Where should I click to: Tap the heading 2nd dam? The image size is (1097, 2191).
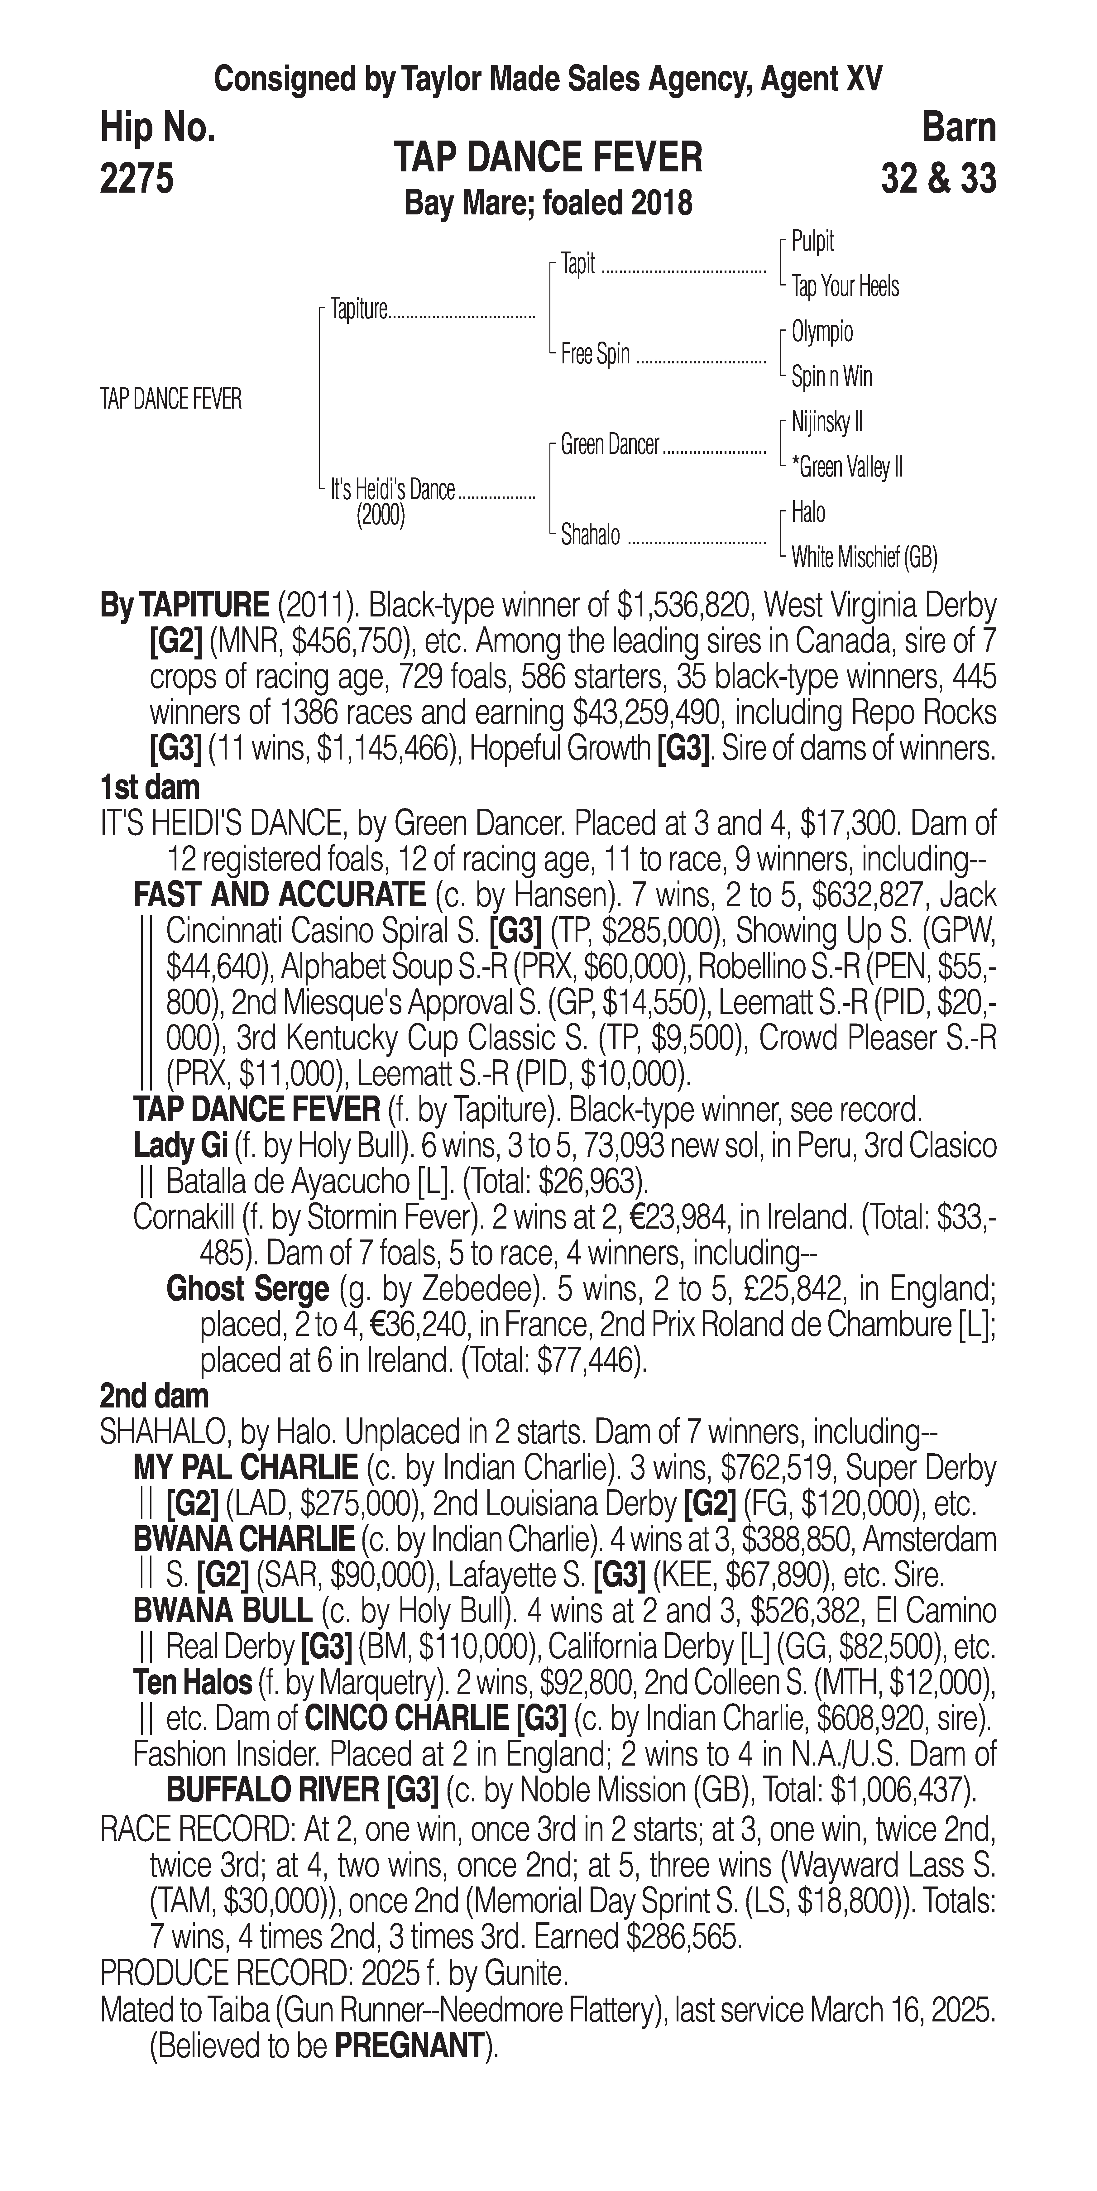pos(154,1396)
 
